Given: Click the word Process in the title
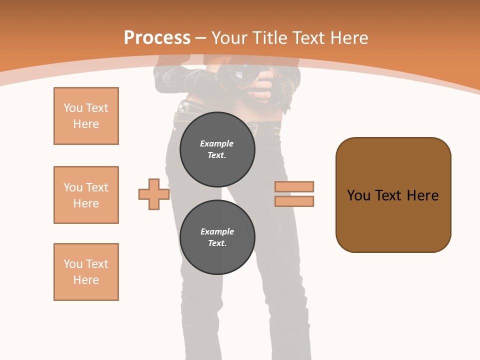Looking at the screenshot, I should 157,38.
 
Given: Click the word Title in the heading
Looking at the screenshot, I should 269,38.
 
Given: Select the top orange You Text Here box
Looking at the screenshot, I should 86,116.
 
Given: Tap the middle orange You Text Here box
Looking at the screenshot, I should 86,195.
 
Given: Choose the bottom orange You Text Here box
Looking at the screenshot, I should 86,272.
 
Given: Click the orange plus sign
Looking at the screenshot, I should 153,194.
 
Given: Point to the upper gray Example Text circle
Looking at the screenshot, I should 217,149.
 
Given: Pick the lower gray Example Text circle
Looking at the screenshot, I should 217,237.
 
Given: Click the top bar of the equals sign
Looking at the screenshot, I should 294,187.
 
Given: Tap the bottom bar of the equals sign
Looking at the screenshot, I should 294,201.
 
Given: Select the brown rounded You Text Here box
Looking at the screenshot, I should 393,195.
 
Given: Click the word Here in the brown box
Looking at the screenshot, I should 422,195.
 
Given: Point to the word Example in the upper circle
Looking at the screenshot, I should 216,143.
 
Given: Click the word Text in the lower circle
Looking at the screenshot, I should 216,243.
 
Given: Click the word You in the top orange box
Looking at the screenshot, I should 72,108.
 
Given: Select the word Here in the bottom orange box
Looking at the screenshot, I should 86,280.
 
